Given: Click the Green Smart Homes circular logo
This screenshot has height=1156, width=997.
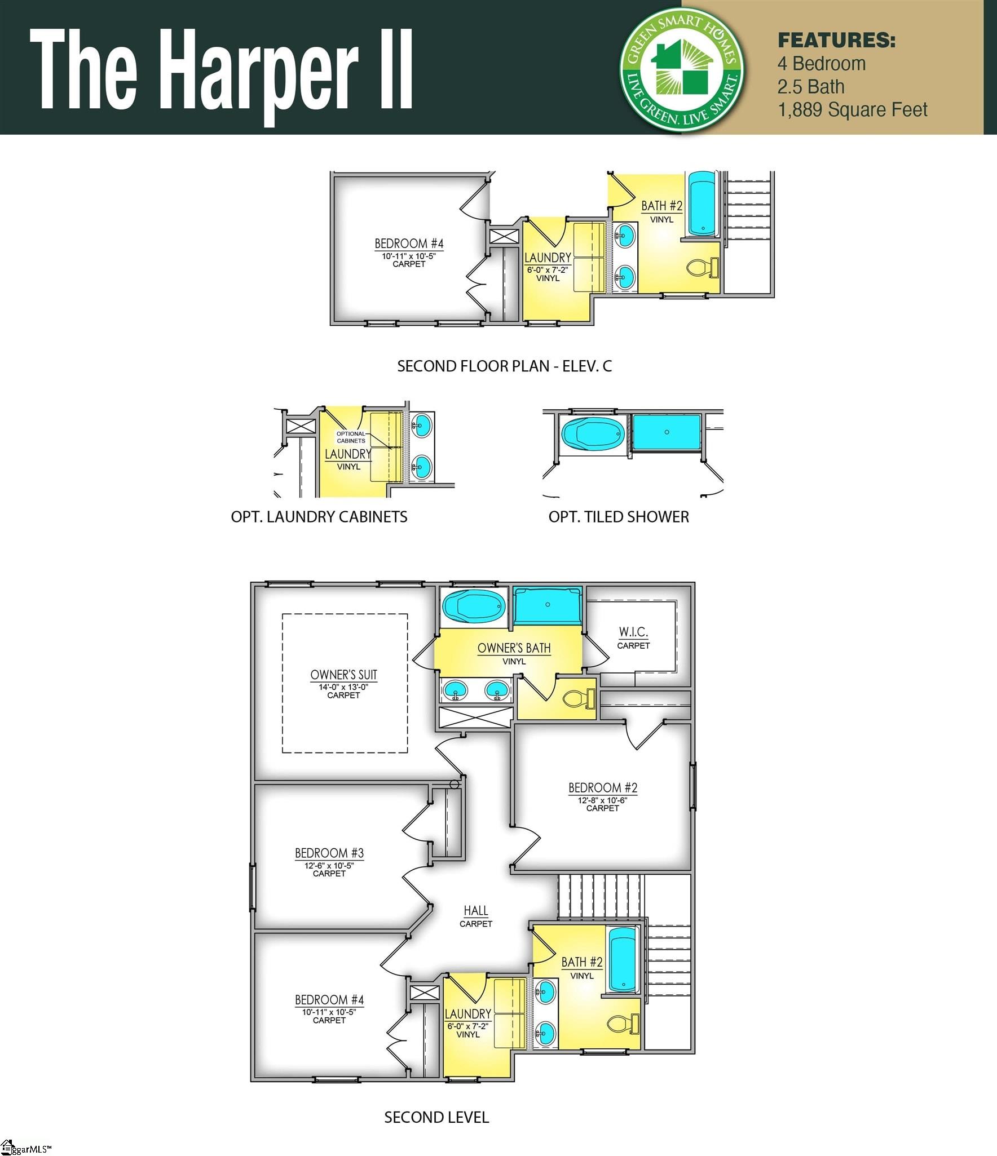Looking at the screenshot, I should [681, 69].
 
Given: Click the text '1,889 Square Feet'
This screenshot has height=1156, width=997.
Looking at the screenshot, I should [852, 109].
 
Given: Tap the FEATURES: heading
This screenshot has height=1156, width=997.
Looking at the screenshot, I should [836, 41].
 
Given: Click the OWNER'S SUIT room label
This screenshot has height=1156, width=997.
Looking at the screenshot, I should [343, 675].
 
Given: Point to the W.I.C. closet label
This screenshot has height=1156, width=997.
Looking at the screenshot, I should [633, 632].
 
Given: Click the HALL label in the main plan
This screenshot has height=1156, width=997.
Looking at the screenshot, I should [476, 910].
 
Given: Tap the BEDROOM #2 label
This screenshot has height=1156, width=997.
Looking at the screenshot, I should [602, 787].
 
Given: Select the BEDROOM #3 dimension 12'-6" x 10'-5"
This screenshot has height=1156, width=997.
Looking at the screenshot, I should [329, 865].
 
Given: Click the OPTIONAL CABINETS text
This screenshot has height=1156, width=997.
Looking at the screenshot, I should [351, 437].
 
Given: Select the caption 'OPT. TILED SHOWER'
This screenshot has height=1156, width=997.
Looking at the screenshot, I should [619, 517].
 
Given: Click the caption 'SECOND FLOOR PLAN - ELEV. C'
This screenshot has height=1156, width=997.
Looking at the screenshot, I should [504, 366].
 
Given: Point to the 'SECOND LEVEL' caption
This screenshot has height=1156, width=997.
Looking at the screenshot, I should [436, 1117].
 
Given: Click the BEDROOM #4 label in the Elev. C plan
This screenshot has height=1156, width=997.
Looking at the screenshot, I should [409, 243].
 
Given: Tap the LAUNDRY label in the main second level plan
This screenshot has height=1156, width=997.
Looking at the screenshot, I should [467, 1014].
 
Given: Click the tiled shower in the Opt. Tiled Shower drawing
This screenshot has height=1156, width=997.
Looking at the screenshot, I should [667, 432].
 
